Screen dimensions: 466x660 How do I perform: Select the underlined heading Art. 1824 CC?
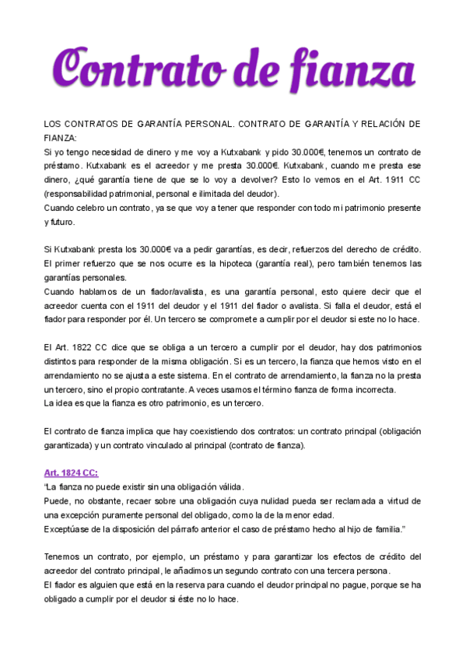(x=71, y=472)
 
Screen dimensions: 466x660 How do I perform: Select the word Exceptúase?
(x=68, y=528)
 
